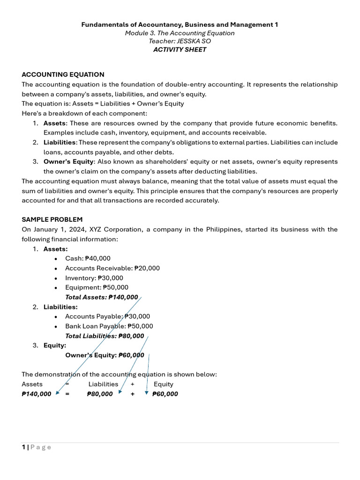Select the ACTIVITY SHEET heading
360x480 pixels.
coord(180,50)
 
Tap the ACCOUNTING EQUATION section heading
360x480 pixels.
coord(63,75)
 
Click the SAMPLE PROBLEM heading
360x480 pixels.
coord(52,219)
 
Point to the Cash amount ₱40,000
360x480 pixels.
coord(98,258)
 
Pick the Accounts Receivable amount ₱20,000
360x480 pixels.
coord(147,268)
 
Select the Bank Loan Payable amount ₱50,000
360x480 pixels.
coord(140,326)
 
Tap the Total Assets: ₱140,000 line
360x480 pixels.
coord(102,297)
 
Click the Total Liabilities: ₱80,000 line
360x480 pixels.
coord(105,336)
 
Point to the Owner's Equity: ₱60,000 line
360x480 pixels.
coord(105,355)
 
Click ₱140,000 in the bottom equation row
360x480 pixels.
coord(37,394)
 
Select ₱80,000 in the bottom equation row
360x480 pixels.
coord(100,394)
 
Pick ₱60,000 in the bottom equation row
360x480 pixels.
coord(165,394)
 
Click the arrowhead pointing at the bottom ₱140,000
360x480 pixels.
coord(58,393)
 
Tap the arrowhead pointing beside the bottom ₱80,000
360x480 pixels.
coord(120,392)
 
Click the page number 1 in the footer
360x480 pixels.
coord(23,447)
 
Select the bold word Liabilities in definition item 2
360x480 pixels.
coord(60,142)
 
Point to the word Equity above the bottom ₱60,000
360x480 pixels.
coord(164,384)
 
